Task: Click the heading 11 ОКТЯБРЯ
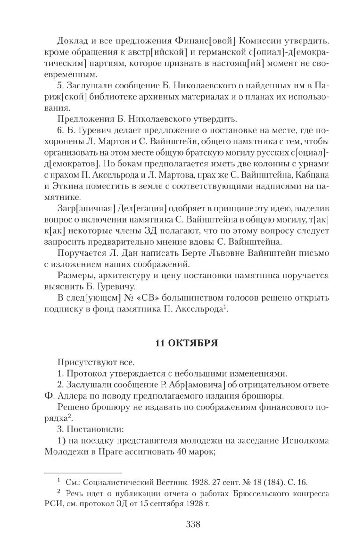(x=186, y=343)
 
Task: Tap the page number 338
(x=193, y=524)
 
